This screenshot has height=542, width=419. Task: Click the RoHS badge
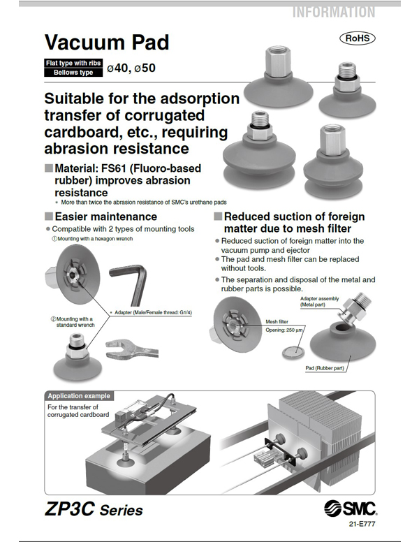tap(358, 38)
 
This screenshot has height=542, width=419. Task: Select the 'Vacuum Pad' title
tap(105, 43)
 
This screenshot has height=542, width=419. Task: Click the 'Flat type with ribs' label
tap(73, 63)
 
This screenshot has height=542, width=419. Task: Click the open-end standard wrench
tap(133, 347)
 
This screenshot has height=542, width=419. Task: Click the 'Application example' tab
tap(79, 396)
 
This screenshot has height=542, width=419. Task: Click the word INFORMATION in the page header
tap(333, 12)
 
